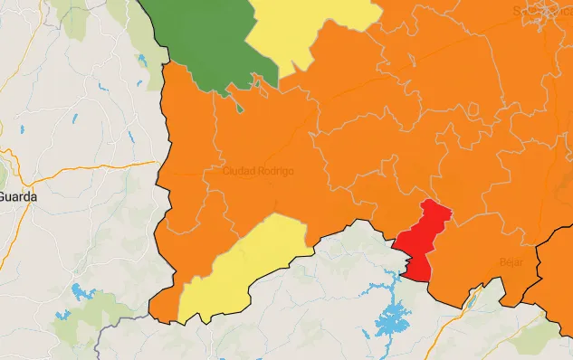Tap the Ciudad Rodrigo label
click(258, 171)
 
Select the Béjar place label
click(511, 261)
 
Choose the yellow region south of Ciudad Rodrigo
click(240, 267)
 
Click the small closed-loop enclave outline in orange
click(471, 109)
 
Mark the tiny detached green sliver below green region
click(241, 108)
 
